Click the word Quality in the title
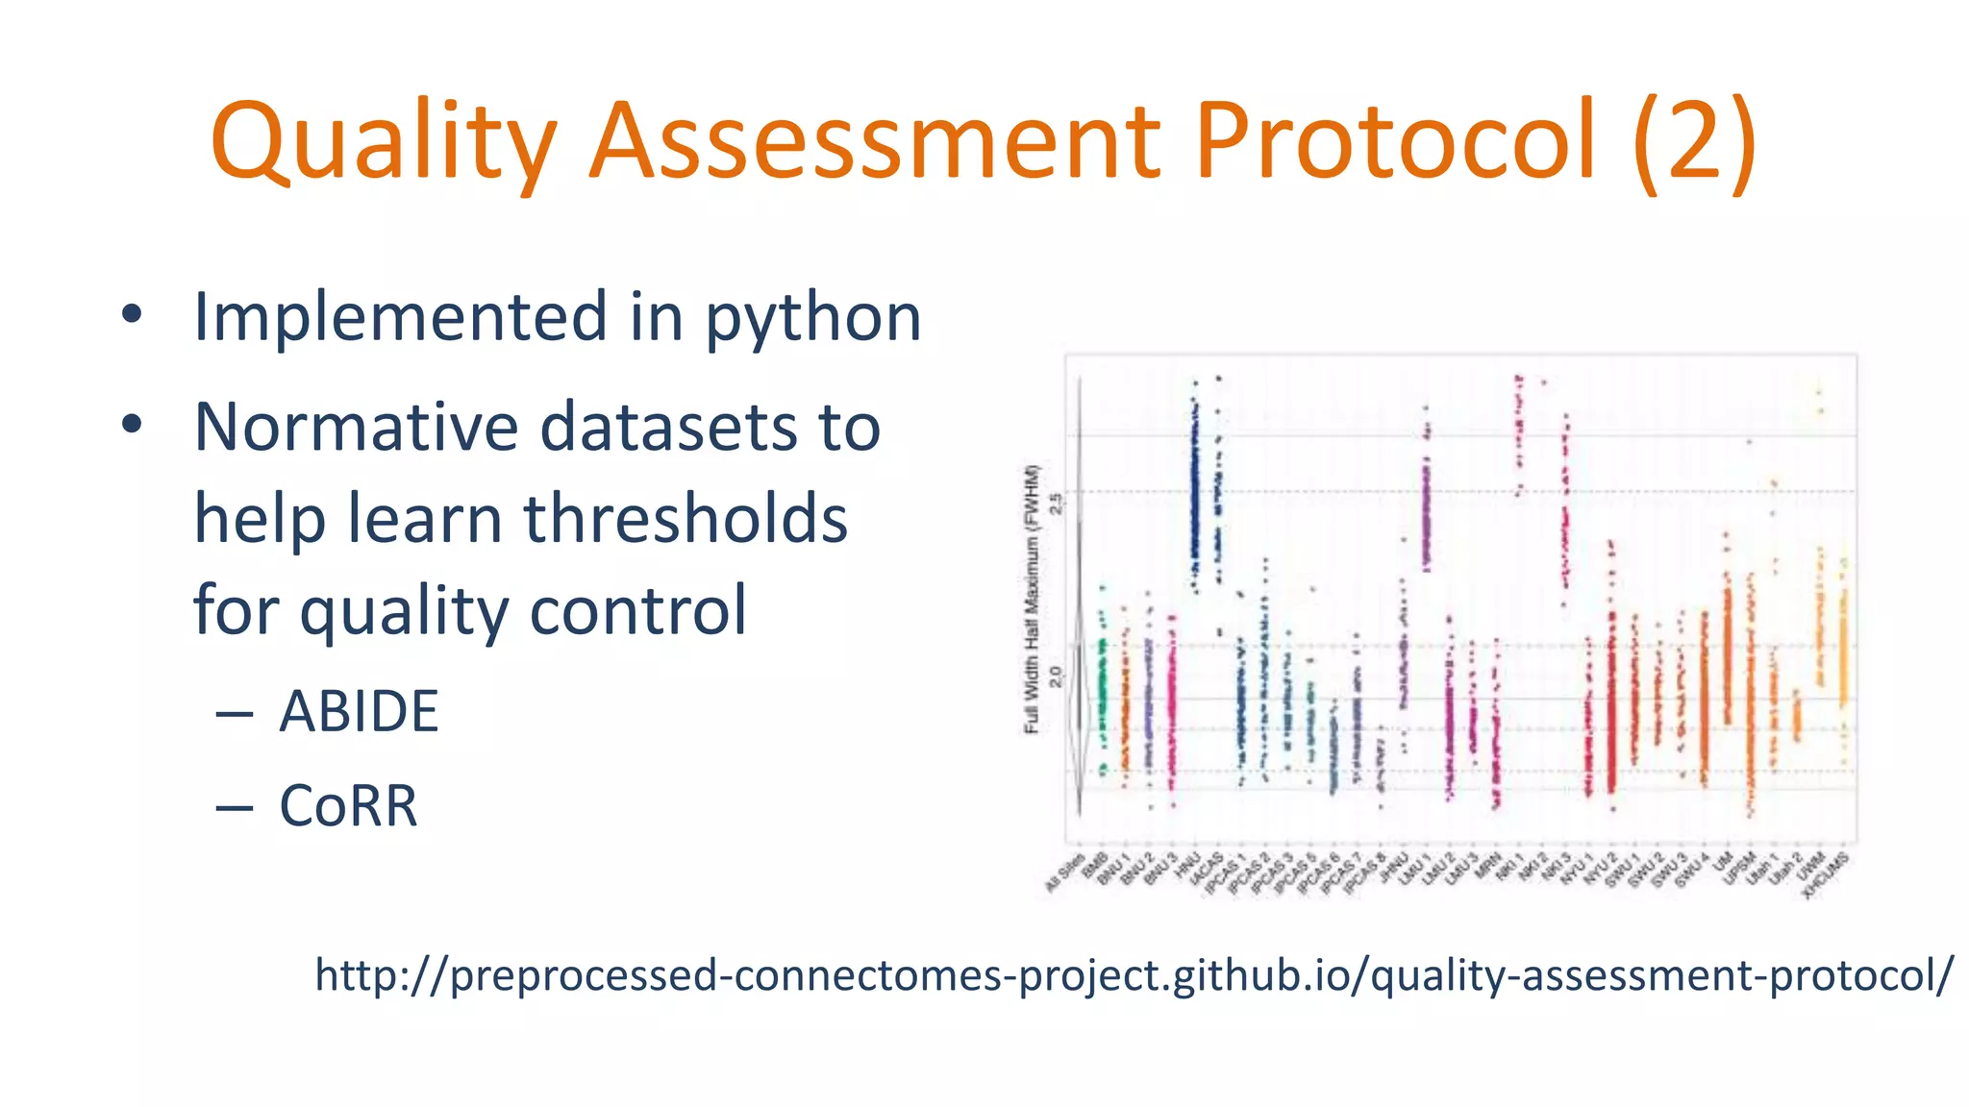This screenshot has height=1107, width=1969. [x=383, y=142]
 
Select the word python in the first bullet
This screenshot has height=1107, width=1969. [x=813, y=317]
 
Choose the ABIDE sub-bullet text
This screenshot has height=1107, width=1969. [x=359, y=712]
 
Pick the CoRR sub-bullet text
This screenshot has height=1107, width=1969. [x=348, y=805]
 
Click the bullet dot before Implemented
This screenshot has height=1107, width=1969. [x=132, y=314]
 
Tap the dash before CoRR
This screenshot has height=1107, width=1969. [x=235, y=807]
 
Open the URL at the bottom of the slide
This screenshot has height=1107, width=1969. [x=1134, y=975]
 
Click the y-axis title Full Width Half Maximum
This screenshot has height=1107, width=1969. [x=1033, y=599]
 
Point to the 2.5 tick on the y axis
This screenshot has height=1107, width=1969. [x=1056, y=503]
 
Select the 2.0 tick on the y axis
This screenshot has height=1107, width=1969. [x=1056, y=676]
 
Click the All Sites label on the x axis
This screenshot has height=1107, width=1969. [x=1065, y=873]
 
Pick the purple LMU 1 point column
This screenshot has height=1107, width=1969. [x=1426, y=509]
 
